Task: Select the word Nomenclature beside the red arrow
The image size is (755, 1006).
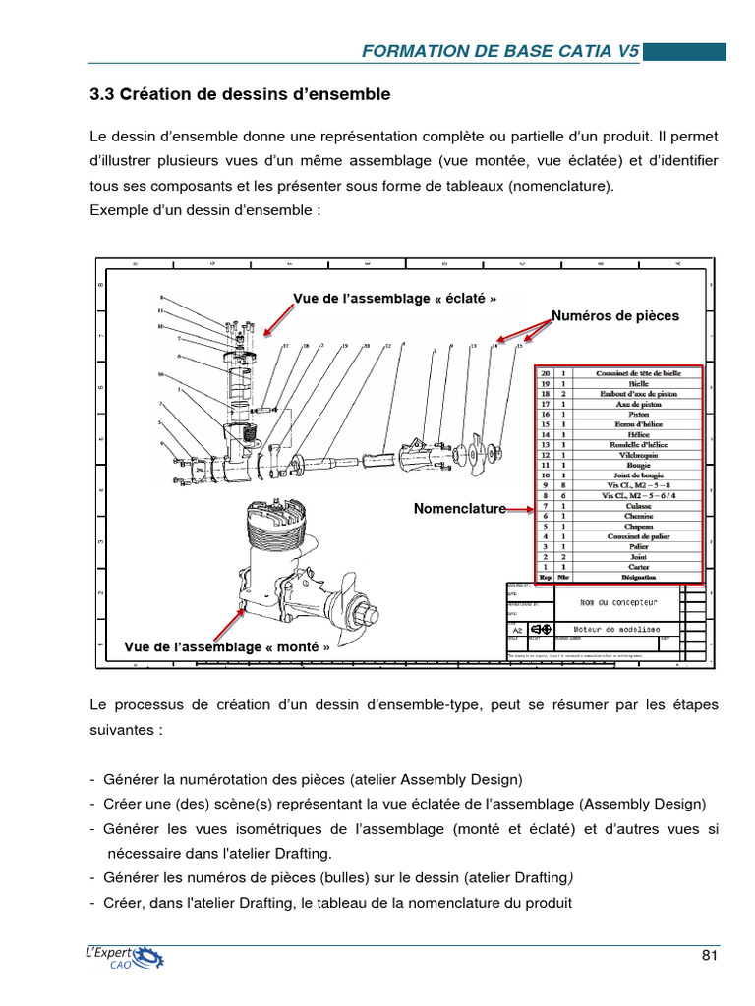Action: coord(459,508)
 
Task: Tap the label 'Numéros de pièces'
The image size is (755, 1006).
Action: coord(614,316)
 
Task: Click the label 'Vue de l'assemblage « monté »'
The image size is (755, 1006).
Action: coord(227,647)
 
